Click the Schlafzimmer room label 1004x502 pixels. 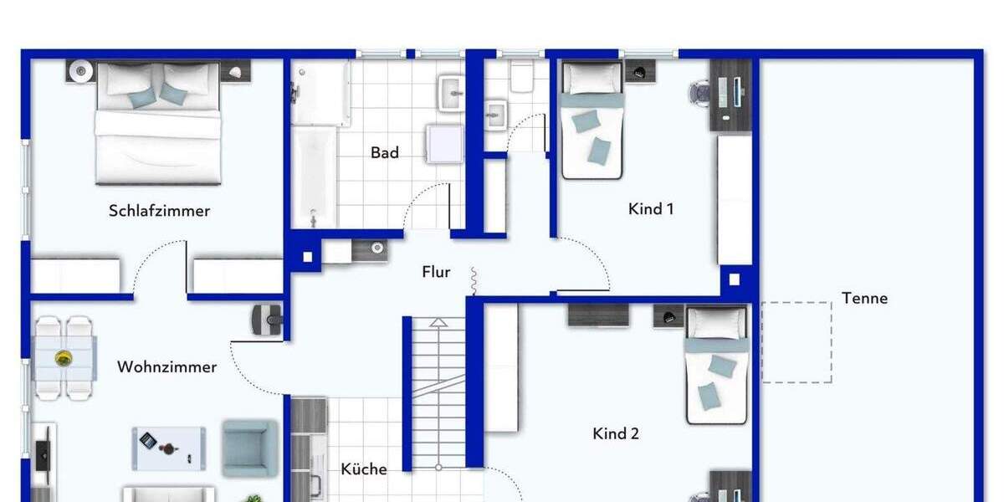[x=159, y=211]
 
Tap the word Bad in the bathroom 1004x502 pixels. [x=385, y=153]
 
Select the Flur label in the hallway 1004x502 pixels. [x=436, y=272]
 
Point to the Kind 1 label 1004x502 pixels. [x=651, y=209]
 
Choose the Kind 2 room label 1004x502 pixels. [x=616, y=433]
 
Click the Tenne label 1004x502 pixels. [x=864, y=298]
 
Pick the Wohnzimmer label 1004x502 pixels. [x=166, y=367]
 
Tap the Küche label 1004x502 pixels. [x=364, y=469]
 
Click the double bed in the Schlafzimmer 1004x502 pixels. [x=158, y=125]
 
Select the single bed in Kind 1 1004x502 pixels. [x=592, y=121]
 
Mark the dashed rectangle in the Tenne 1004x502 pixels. [x=796, y=342]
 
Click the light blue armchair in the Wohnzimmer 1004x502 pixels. [x=249, y=448]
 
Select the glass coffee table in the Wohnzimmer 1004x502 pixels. [x=168, y=448]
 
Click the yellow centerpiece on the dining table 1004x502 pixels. [x=64, y=359]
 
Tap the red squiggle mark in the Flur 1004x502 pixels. [x=473, y=282]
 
